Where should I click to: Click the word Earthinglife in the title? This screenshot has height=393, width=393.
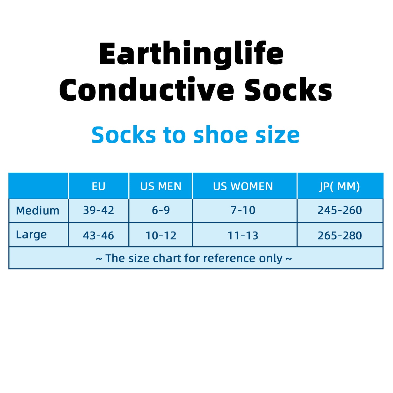click(191, 54)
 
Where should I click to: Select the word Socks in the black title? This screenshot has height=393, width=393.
click(288, 90)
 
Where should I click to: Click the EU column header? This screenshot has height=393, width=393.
click(98, 186)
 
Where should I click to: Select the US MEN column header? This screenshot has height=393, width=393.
click(161, 186)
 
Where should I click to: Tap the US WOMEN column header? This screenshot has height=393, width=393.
click(243, 186)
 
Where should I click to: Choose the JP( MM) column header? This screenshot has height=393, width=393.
click(340, 186)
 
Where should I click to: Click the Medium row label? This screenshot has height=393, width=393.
click(38, 211)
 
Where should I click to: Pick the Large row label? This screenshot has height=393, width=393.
click(31, 235)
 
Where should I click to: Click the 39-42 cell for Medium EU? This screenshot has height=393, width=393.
click(98, 210)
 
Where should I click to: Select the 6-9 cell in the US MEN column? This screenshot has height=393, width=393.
click(161, 210)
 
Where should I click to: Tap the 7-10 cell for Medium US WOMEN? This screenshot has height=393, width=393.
click(243, 210)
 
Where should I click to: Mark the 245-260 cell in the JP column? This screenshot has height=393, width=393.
click(340, 210)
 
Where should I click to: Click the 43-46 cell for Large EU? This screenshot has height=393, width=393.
click(98, 236)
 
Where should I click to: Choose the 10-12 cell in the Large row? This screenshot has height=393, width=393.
click(161, 236)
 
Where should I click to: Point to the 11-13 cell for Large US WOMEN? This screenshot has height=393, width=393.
click(243, 236)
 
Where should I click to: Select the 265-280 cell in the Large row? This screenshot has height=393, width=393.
click(340, 236)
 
